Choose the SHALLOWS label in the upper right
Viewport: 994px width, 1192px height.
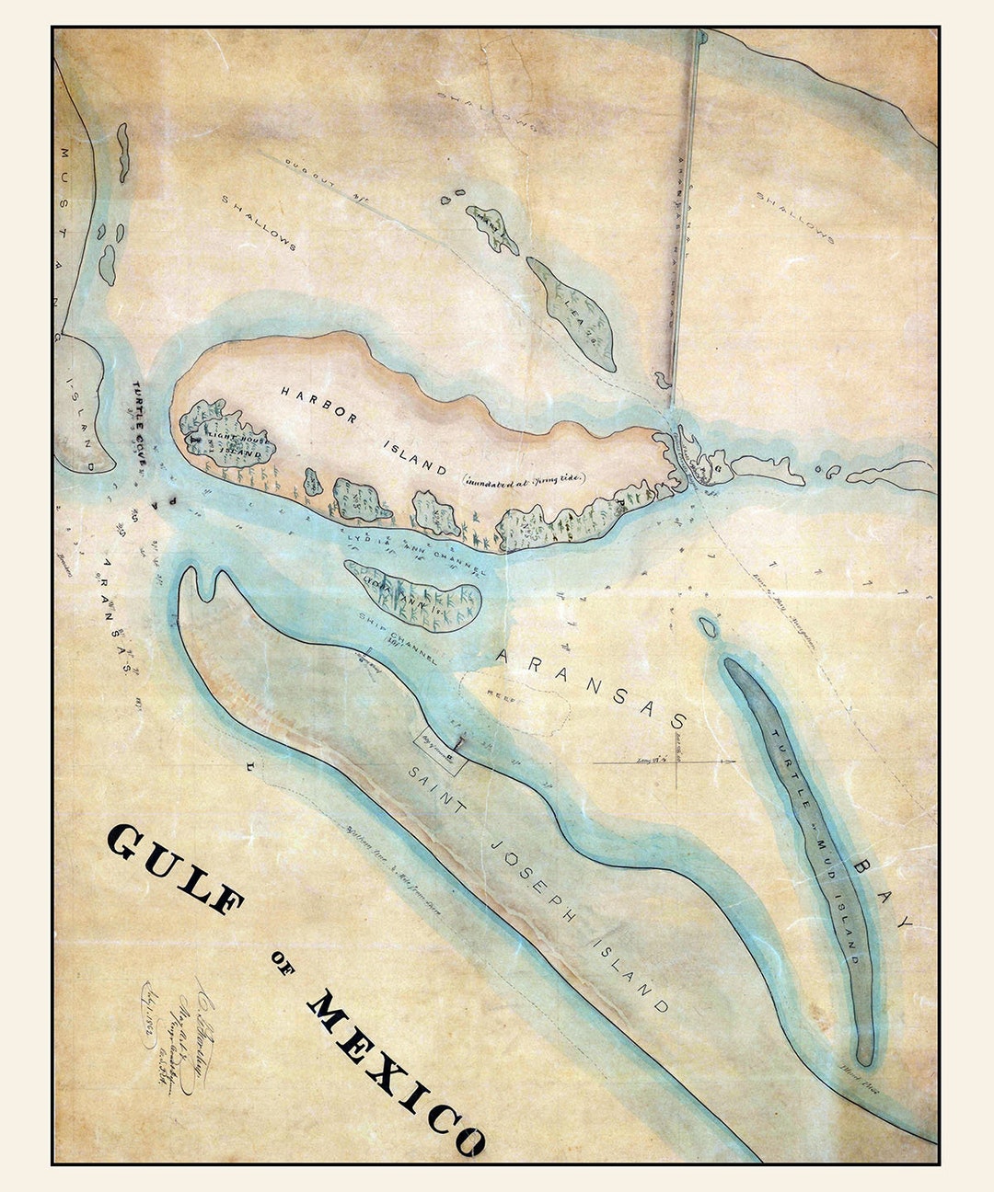pos(794,217)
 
